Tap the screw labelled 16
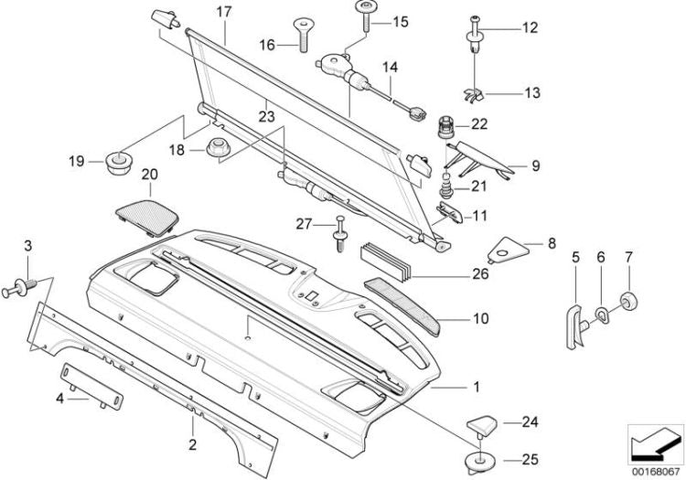[299, 37]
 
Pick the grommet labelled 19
[116, 163]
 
